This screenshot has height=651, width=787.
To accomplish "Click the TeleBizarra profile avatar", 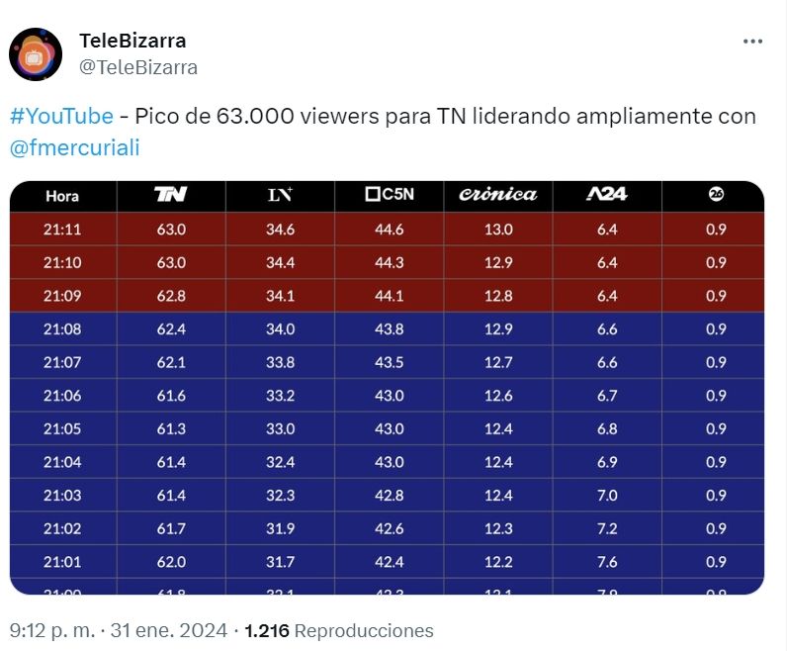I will (x=36, y=54).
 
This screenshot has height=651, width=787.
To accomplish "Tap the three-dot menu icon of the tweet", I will (x=752, y=42).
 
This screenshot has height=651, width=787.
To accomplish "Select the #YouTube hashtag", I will (x=61, y=116).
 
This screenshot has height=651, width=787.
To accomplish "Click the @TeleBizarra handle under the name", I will (x=137, y=67).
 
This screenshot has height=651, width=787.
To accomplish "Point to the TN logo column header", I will (x=171, y=195).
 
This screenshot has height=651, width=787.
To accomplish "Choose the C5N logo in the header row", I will (x=389, y=195).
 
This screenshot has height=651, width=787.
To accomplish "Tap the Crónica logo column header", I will (x=498, y=195).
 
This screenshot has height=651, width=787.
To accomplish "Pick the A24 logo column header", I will (x=606, y=195).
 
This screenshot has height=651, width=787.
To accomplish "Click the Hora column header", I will (x=62, y=196).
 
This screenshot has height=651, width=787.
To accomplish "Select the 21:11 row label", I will (x=62, y=230).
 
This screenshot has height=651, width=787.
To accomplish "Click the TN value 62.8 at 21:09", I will (x=171, y=296).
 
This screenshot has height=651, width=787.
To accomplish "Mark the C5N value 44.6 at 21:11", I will (x=389, y=230).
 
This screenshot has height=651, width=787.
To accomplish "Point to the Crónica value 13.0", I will (x=498, y=230).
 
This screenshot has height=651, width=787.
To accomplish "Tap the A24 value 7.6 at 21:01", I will (x=607, y=562).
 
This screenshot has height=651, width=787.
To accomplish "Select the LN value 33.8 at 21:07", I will (x=280, y=362).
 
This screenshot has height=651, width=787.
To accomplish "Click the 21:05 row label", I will (x=62, y=428).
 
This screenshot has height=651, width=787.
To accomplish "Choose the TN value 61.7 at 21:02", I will (x=171, y=528).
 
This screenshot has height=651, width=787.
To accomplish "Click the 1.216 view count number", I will (x=266, y=630).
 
